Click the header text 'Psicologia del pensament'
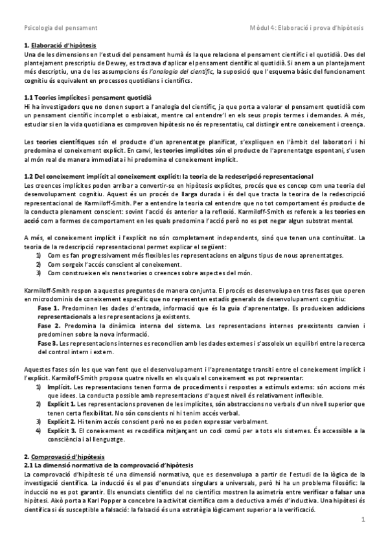(60, 28)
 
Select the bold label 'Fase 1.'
(49, 309)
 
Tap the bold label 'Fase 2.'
(49, 326)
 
